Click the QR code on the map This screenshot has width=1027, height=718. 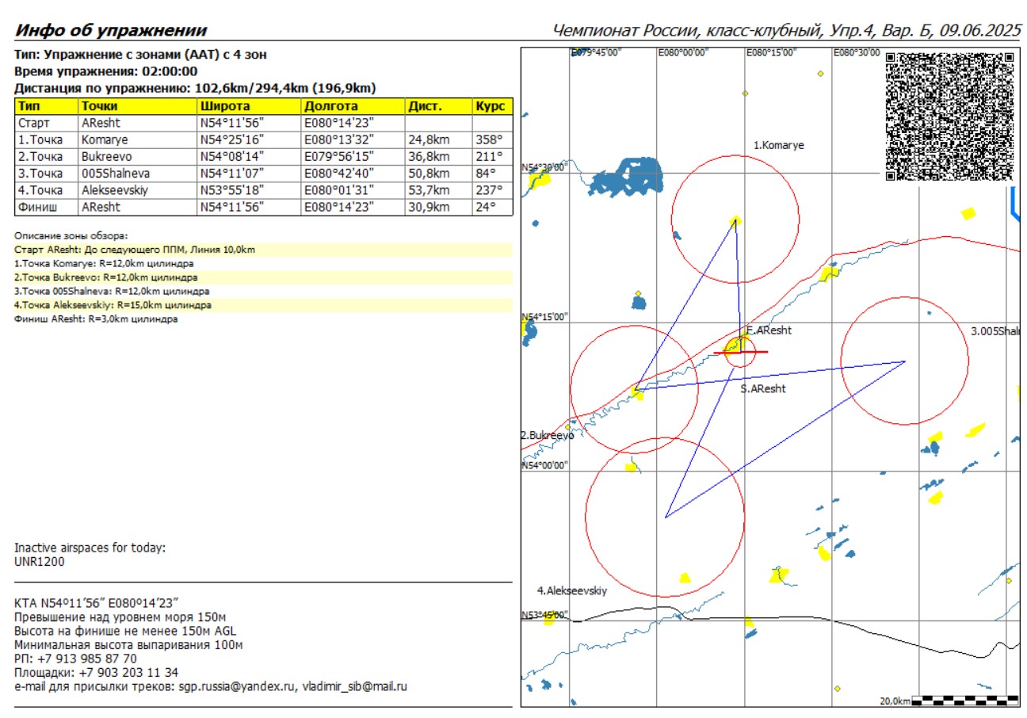pyautogui.click(x=949, y=116)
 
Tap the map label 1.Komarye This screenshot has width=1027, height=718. pyautogui.click(x=778, y=146)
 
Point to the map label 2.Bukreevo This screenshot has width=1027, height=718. pyautogui.click(x=547, y=436)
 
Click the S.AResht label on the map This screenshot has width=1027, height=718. pyautogui.click(x=763, y=389)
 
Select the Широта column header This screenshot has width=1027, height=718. pyautogui.click(x=224, y=106)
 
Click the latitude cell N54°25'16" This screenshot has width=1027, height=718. pyautogui.click(x=236, y=140)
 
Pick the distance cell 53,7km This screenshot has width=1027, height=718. pyautogui.click(x=428, y=190)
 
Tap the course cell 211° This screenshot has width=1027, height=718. pyautogui.click(x=489, y=157)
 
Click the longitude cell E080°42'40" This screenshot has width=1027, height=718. pyautogui.click(x=338, y=174)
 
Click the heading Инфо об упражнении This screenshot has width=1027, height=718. pyautogui.click(x=112, y=31)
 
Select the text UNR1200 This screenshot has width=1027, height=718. pyautogui.click(x=40, y=562)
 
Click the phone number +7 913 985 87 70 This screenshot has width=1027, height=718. pyautogui.click(x=86, y=659)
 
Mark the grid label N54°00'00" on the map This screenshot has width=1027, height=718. pyautogui.click(x=545, y=466)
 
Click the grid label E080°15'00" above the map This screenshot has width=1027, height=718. pyautogui.click(x=770, y=52)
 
